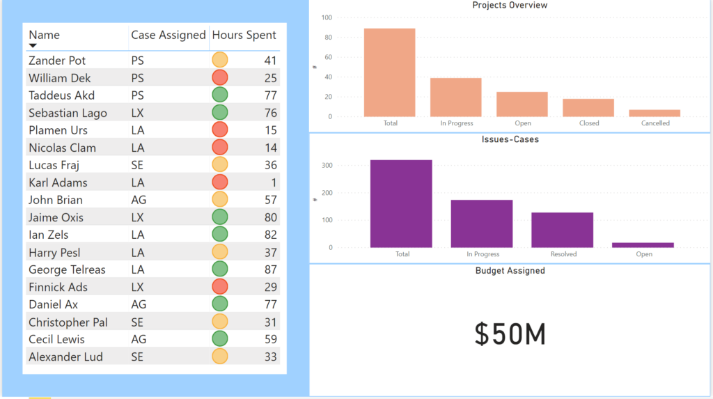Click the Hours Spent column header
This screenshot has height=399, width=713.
pyautogui.click(x=244, y=35)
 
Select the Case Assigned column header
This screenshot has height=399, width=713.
pyautogui.click(x=169, y=35)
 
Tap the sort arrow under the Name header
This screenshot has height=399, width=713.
pyautogui.click(x=33, y=46)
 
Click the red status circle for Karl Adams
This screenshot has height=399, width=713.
pyautogui.click(x=220, y=182)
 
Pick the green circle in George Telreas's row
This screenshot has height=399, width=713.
pyautogui.click(x=220, y=269)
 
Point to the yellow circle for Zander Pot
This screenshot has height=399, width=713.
pyautogui.click(x=220, y=61)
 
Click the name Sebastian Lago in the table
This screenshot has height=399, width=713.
pyautogui.click(x=68, y=113)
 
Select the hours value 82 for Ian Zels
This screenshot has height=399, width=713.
pyautogui.click(x=270, y=235)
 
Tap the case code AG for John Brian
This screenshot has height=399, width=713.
pyautogui.click(x=139, y=200)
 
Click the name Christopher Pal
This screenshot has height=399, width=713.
pyautogui.click(x=68, y=322)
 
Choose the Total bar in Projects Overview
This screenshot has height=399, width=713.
pyautogui.click(x=390, y=72)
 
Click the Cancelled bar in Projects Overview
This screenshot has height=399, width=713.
pyautogui.click(x=655, y=113)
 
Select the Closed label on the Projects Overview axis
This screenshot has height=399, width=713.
pyautogui.click(x=588, y=123)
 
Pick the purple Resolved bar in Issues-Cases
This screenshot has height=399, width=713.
pyautogui.click(x=563, y=230)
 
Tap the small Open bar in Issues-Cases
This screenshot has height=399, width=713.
pyautogui.click(x=644, y=244)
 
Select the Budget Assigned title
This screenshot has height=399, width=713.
pyautogui.click(x=510, y=270)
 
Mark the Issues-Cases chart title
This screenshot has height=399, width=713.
pyautogui.click(x=510, y=139)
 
